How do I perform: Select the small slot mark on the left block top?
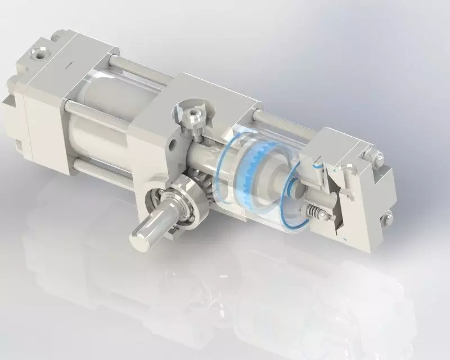[67, 66]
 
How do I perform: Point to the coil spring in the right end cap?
[314, 213]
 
